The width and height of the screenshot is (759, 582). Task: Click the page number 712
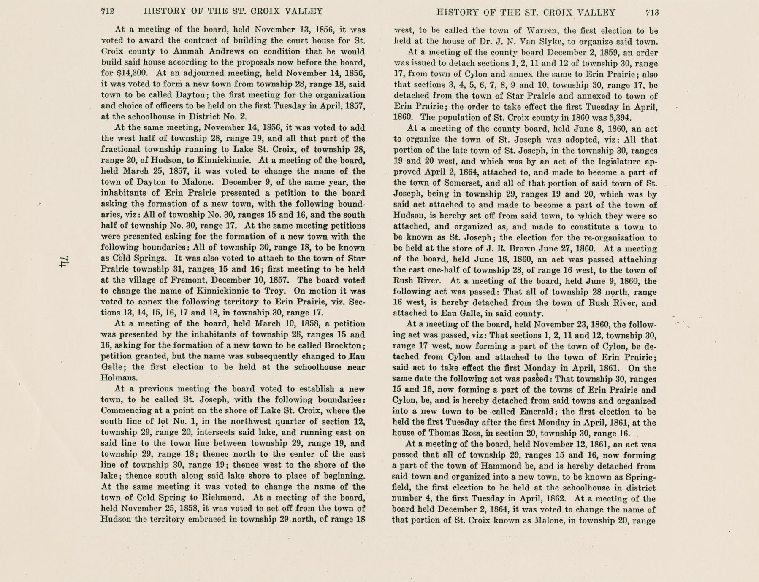pyautogui.click(x=108, y=12)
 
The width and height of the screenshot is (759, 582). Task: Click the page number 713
pyautogui.click(x=652, y=13)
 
